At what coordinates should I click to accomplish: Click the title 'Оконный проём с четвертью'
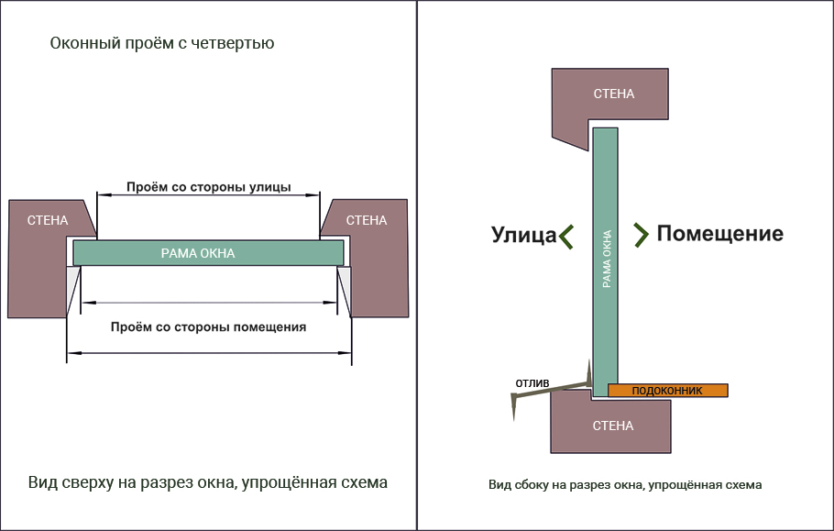(x=162, y=43)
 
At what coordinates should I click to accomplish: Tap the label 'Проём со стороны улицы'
(x=208, y=187)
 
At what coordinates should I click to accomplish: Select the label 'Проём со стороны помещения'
(x=208, y=326)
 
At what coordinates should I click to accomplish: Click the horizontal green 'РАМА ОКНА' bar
(x=208, y=252)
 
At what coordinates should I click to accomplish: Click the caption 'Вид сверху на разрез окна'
(x=207, y=482)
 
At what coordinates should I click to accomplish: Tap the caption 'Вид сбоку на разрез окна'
(x=625, y=484)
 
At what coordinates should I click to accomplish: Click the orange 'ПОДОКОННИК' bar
(x=667, y=391)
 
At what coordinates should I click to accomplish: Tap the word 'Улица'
(x=523, y=235)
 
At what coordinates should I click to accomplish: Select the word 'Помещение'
(x=719, y=234)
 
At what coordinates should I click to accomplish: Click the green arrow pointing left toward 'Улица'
(x=567, y=236)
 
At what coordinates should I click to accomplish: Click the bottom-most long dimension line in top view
(x=209, y=352)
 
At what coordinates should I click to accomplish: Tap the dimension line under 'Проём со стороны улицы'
(x=209, y=195)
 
